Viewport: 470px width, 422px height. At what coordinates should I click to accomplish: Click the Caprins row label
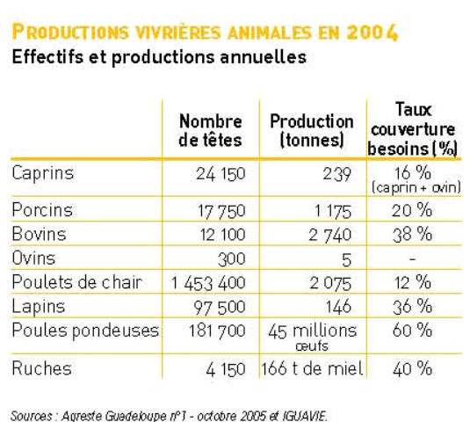pos(42,174)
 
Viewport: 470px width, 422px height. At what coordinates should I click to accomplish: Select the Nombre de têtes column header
pos(210,131)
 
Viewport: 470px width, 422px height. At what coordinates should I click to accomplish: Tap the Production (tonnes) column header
pos(312,131)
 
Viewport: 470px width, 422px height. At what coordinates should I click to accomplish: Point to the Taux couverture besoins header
pos(413,129)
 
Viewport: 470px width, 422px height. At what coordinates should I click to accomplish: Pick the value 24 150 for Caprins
pos(221,174)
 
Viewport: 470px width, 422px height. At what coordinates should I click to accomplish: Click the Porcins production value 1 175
pos(333,211)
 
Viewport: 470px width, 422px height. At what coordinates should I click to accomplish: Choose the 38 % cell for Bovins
pos(412,235)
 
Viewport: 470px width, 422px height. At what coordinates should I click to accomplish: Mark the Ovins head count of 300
pos(232,259)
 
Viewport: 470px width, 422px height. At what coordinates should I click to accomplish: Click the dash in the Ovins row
pos(412,258)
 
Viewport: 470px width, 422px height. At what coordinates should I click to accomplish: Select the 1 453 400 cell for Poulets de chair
pos(208,283)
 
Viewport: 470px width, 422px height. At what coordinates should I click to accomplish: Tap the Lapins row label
pos(39,307)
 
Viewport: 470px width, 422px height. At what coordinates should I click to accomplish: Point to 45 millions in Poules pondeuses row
pos(313,331)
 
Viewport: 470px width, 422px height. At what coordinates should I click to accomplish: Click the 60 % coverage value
pos(412,331)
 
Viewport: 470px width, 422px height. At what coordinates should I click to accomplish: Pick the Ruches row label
pos(41,368)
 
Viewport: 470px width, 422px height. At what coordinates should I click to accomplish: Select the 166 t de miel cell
pos(313,368)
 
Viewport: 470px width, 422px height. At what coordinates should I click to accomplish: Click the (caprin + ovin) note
pos(416,188)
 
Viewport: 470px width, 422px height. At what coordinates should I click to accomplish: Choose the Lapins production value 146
pos(338,307)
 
